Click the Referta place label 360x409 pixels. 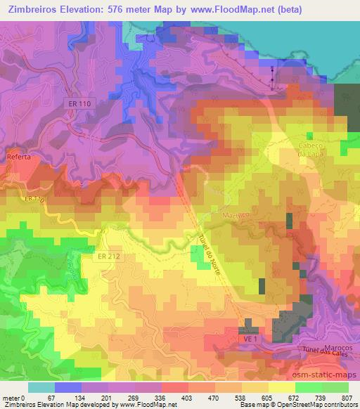(19, 157)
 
